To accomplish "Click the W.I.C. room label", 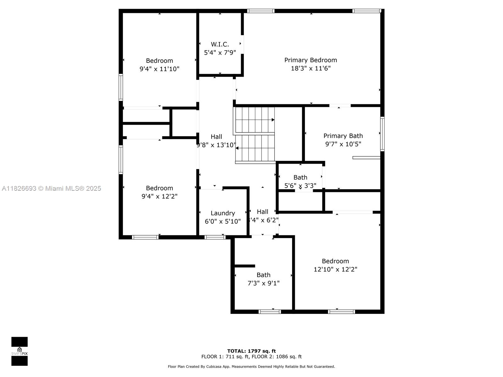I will [x=220, y=44].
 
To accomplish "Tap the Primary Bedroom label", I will [x=311, y=60].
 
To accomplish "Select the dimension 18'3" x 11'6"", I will [x=311, y=68].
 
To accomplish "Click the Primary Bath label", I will [x=343, y=136].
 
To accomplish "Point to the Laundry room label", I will [x=223, y=213].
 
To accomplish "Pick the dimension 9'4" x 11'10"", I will [x=159, y=69].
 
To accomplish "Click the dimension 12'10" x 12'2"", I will [x=335, y=269].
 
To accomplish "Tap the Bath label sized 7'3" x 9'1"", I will [x=263, y=275].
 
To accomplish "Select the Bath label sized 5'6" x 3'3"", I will [x=300, y=178].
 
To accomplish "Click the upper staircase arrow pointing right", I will [x=273, y=120].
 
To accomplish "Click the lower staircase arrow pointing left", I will [x=237, y=148].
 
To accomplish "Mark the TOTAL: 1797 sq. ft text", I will [x=251, y=351].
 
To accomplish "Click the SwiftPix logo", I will [x=19, y=351].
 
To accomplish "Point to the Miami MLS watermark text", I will [x=51, y=188].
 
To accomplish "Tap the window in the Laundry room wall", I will [x=215, y=237].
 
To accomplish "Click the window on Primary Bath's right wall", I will [x=382, y=134].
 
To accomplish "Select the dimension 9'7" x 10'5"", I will [x=343, y=144].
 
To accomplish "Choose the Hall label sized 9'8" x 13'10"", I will [x=216, y=137].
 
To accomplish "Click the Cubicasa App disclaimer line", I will [x=251, y=366].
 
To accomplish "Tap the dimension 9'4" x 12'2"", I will [x=159, y=196].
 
